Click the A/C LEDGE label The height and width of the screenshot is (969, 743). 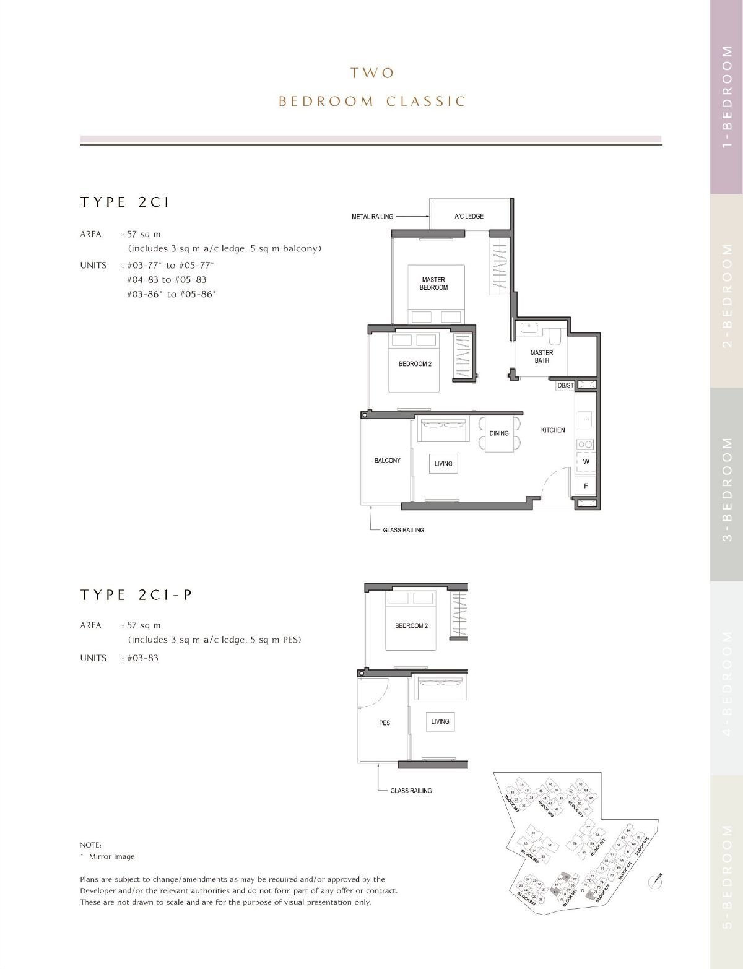tap(469, 216)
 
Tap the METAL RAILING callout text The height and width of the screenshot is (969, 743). tap(372, 217)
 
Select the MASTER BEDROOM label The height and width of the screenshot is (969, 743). tap(433, 284)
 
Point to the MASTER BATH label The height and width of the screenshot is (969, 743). tap(541, 357)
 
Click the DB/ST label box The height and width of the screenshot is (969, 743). tap(565, 385)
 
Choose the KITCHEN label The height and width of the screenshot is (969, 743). tap(553, 430)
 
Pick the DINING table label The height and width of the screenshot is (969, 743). tap(499, 433)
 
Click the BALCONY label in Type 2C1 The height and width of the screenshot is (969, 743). tap(388, 461)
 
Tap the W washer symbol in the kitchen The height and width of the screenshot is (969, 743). tap(586, 462)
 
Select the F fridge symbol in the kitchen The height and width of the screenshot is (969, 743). tap(586, 486)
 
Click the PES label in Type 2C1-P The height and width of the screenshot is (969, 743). tap(385, 723)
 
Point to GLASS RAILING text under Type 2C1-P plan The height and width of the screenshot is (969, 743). tap(411, 791)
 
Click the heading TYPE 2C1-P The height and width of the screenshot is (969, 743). tap(136, 595)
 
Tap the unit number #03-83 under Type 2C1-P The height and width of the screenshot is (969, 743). tap(142, 658)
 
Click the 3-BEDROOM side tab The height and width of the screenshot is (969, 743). tap(727, 484)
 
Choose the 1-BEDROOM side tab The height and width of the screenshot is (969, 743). tap(727, 97)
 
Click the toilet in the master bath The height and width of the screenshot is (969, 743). tap(555, 335)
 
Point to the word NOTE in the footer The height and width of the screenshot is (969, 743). tap(90, 845)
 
